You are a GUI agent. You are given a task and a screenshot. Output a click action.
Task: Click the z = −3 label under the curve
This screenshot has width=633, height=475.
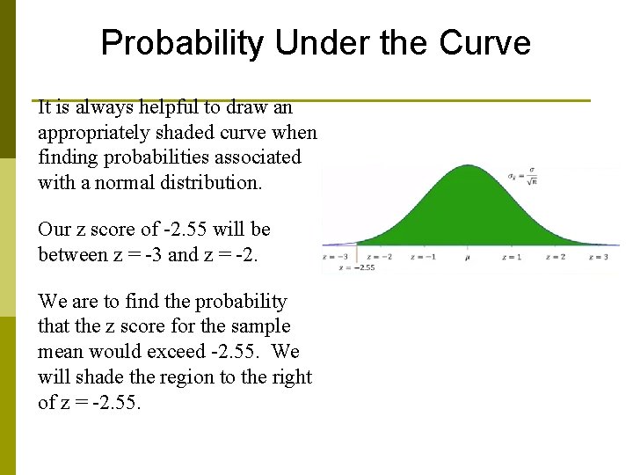pyautogui.click(x=336, y=257)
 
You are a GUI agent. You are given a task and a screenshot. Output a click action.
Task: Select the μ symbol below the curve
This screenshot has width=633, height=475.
pyautogui.click(x=467, y=257)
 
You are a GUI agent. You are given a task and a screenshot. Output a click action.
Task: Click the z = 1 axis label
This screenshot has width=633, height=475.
pyautogui.click(x=511, y=257)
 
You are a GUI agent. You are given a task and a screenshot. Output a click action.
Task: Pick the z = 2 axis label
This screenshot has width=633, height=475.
pyautogui.click(x=555, y=257)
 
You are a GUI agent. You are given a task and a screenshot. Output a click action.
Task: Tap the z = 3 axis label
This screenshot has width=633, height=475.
pyautogui.click(x=598, y=257)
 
